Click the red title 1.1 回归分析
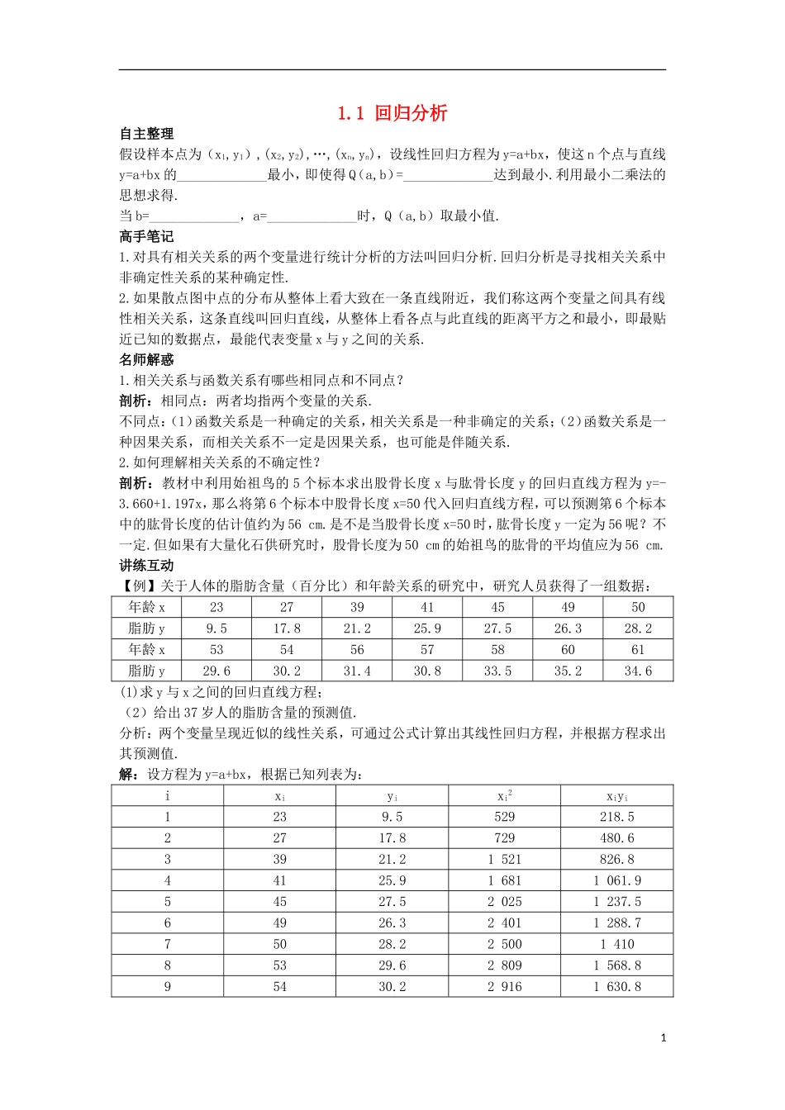click(x=392, y=114)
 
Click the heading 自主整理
click(x=146, y=134)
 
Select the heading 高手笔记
click(x=146, y=237)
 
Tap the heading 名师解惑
click(x=146, y=360)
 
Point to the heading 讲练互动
click(x=146, y=566)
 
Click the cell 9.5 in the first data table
click(x=216, y=629)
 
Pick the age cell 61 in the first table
click(x=638, y=650)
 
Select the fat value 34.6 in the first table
click(x=638, y=671)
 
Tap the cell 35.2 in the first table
click(x=568, y=671)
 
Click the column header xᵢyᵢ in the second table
click(x=617, y=796)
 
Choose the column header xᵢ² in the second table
click(x=504, y=795)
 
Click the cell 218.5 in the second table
click(x=617, y=817)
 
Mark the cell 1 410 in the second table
click(x=617, y=944)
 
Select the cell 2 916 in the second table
click(x=504, y=987)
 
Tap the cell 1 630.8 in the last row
click(x=617, y=987)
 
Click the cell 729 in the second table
click(x=504, y=838)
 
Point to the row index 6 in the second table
click(x=168, y=923)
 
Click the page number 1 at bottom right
click(x=664, y=1038)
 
